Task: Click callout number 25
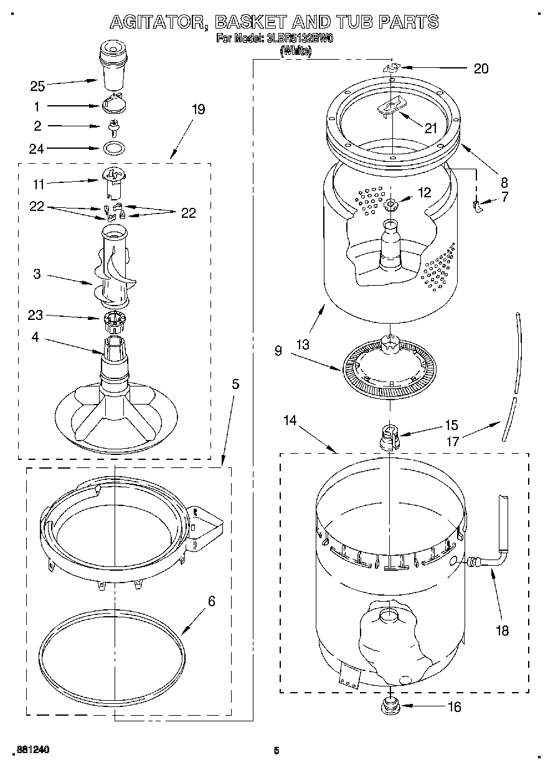click(37, 86)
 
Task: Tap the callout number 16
click(455, 706)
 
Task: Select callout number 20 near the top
click(481, 69)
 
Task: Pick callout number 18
click(502, 630)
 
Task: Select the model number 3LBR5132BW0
click(295, 39)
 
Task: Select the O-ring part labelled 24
click(113, 149)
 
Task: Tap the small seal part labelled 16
click(390, 705)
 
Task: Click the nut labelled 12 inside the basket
click(390, 205)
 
